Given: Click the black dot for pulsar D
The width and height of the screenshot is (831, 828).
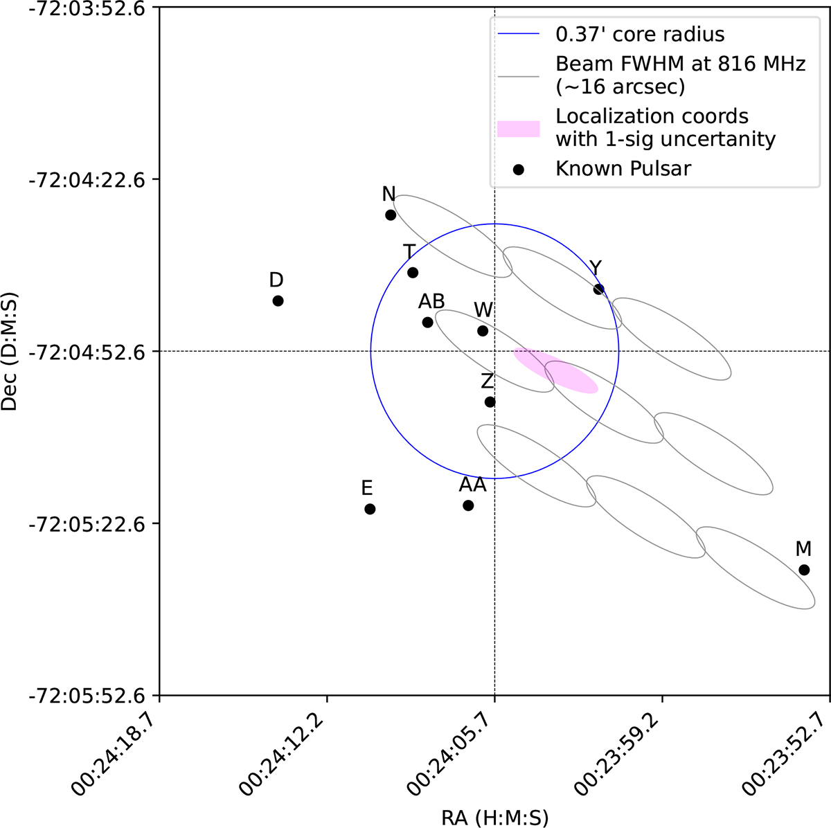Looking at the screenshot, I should [x=278, y=300].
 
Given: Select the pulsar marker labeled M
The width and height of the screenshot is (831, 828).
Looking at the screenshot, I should [x=804, y=570].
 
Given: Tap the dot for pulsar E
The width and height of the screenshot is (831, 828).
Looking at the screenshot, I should [x=370, y=509].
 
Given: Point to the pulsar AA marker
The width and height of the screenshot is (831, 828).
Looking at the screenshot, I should [x=468, y=505].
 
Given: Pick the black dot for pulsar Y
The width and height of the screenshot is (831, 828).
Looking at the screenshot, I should [x=599, y=289].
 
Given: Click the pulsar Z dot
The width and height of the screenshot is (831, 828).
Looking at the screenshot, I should [x=490, y=402].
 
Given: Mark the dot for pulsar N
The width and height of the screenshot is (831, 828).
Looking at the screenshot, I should [x=391, y=215].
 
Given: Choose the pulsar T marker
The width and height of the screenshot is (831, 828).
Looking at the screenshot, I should [x=413, y=272].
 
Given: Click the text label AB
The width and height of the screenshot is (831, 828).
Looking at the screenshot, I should [x=431, y=302].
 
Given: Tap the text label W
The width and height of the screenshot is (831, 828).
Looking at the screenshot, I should [x=483, y=309].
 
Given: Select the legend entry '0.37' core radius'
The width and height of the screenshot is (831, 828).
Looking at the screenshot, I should [x=640, y=33].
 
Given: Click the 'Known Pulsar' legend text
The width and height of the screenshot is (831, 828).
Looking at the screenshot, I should [x=623, y=168].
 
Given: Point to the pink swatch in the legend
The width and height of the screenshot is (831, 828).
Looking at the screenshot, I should [x=518, y=128].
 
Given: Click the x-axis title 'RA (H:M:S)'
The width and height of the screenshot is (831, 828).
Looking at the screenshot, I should [x=494, y=818].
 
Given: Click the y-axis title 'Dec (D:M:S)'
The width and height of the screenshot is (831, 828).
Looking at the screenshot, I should [x=10, y=351].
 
